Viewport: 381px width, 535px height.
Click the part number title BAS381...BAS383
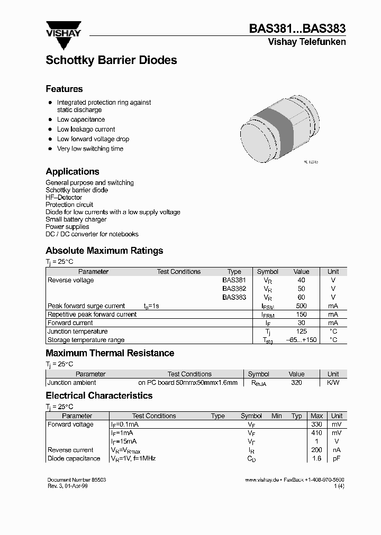(297, 30)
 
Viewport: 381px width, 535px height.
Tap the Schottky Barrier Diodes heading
(111, 60)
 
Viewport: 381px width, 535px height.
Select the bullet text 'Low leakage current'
(86, 130)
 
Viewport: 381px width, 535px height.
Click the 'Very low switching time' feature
(90, 149)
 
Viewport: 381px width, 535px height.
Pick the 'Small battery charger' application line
(76, 219)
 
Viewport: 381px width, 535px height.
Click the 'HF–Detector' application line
(63, 197)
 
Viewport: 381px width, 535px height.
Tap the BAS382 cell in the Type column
(234, 289)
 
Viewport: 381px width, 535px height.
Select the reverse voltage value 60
(302, 297)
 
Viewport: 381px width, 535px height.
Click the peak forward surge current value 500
(301, 306)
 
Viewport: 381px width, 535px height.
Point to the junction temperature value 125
(301, 331)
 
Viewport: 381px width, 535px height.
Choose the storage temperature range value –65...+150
(301, 340)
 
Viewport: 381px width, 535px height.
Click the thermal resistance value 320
(296, 383)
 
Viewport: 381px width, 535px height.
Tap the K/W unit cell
(333, 383)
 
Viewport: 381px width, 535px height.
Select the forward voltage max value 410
(316, 433)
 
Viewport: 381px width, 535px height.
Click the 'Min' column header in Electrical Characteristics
(277, 416)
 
